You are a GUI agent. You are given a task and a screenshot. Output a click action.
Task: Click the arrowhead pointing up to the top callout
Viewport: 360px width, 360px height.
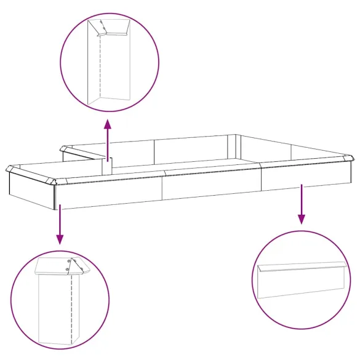[x=108, y=123]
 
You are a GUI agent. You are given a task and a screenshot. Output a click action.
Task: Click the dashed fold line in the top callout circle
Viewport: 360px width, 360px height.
[x=100, y=68]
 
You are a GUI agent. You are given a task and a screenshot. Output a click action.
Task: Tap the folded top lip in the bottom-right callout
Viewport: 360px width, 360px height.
[x=301, y=266]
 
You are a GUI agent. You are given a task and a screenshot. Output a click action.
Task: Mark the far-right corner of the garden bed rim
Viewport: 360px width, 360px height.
[x=351, y=158]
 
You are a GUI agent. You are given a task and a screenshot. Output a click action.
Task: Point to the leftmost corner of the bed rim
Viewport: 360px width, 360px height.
[x=9, y=168]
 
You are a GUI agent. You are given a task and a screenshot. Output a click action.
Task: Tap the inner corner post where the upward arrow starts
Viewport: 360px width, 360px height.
[x=107, y=166]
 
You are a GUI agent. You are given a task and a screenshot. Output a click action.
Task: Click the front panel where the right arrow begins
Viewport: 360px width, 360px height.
[x=302, y=177]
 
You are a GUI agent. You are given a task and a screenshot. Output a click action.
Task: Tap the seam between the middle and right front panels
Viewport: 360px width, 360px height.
[x=261, y=178]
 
